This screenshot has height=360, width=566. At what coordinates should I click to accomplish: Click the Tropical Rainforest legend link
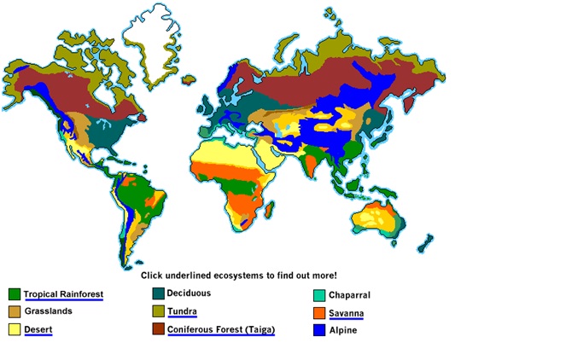pyautogui.click(x=63, y=294)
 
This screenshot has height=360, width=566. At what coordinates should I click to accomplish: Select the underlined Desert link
pyautogui.click(x=38, y=328)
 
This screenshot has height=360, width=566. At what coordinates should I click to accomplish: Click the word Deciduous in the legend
pyautogui.click(x=189, y=293)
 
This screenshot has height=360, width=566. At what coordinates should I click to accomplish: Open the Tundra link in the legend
pyautogui.click(x=182, y=311)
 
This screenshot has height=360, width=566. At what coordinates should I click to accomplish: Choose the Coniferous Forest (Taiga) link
pyautogui.click(x=220, y=328)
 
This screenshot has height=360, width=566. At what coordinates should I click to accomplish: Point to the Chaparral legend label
pyautogui.click(x=349, y=295)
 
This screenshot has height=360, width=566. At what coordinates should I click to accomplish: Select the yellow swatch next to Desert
pyautogui.click(x=14, y=329)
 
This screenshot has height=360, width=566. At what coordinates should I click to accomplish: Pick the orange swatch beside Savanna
pyautogui.click(x=318, y=313)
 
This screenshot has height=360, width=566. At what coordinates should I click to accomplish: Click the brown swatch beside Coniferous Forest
pyautogui.click(x=158, y=328)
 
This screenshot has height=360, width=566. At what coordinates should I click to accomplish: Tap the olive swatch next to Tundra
pyautogui.click(x=158, y=311)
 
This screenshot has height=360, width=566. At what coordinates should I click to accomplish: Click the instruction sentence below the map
pyautogui.click(x=238, y=276)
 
